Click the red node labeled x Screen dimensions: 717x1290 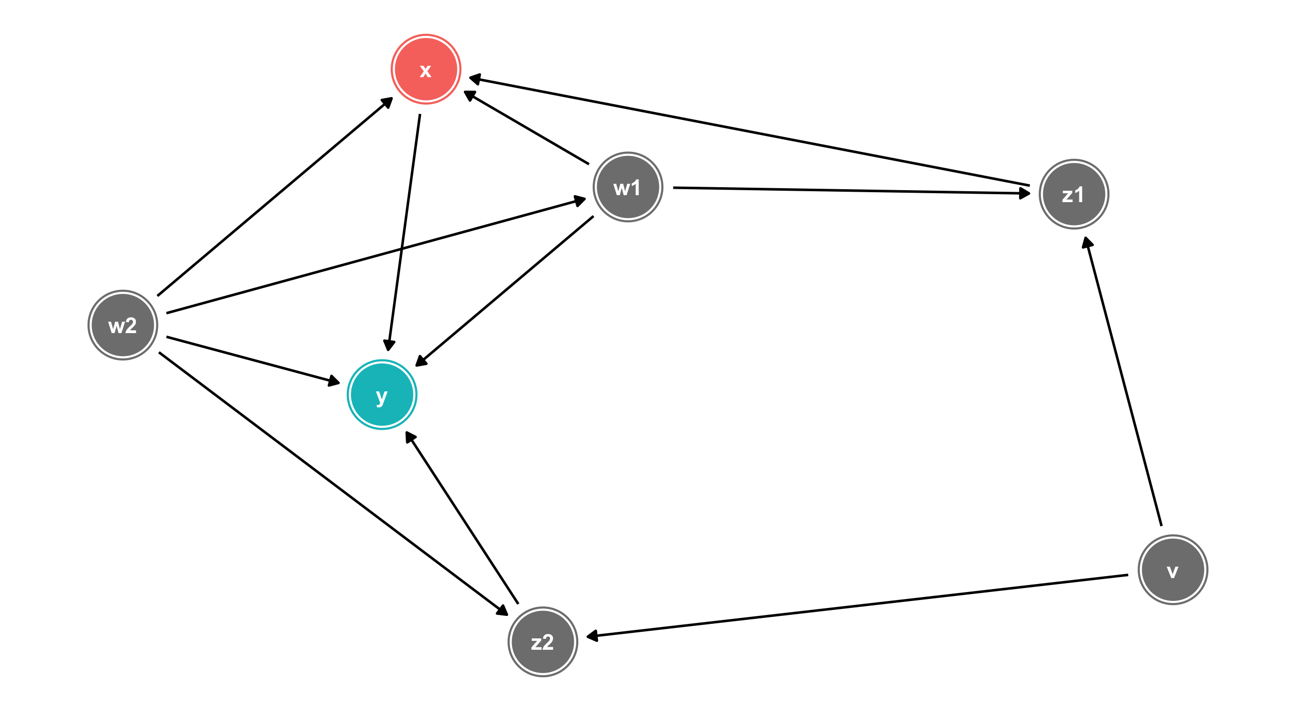[426, 69]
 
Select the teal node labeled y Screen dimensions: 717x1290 [382, 394]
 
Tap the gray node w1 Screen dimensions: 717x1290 [628, 187]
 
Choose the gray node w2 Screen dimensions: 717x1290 [123, 325]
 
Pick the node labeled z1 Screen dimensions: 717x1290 [1074, 194]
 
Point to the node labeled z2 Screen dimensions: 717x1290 [543, 642]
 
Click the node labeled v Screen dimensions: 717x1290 [1173, 570]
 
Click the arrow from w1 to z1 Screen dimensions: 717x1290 [852, 190]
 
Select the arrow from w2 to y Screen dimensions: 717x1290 [253, 360]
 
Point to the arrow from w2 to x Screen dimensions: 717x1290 [274, 197]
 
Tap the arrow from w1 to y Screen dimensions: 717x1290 [505, 291]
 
